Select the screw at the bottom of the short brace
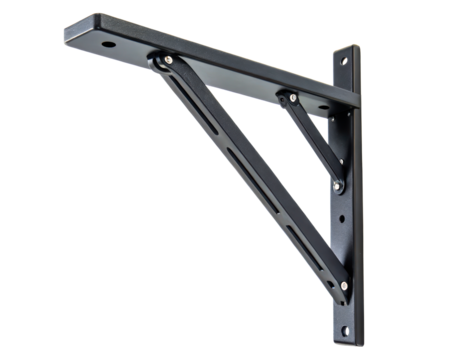[x=338, y=185]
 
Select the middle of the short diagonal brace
[x=313, y=140]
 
